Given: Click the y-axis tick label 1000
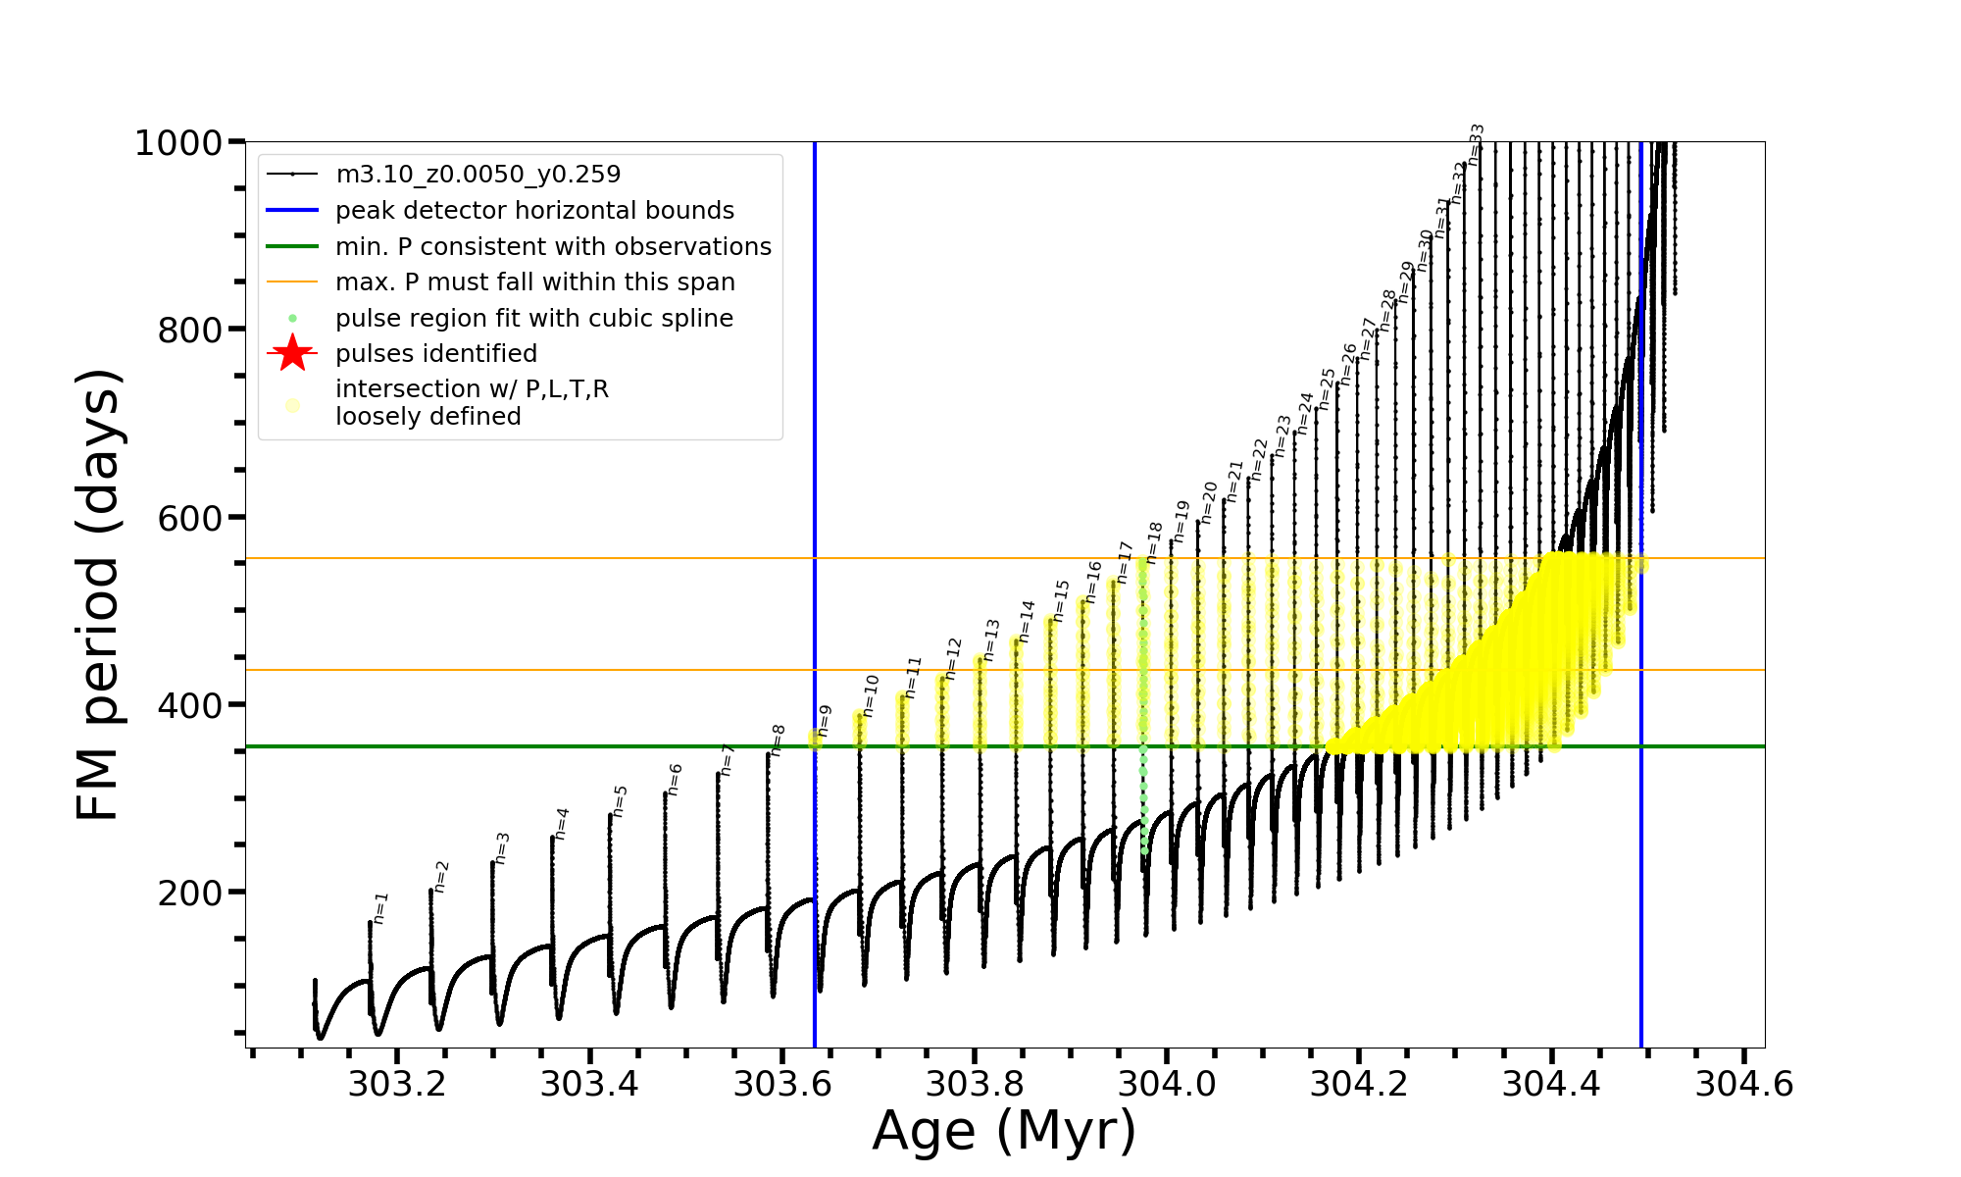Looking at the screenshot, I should pos(178,143).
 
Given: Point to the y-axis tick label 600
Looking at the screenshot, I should pos(190,518).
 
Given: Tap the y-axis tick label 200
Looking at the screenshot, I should pos(190,893).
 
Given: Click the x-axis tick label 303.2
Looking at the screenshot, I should pos(397,1084).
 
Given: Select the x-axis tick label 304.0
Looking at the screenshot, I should pos(1167,1084).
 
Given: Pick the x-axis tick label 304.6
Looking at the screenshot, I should pos(1744,1084).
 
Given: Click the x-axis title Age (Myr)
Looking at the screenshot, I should pos(1004,1131).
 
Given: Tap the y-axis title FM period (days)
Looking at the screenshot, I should pos(98,594).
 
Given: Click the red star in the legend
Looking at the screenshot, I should pos(292,353).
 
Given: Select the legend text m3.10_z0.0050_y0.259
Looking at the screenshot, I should pos(478,175).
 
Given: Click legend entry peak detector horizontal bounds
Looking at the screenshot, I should pos(534,211).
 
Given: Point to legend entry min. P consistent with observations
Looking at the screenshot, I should pos(553,246).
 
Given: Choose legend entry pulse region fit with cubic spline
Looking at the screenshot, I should pos(533,319).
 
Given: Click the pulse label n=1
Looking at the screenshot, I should pos(380,907).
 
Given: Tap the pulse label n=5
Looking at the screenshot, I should pos(619,800).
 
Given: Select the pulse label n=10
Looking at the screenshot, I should pos(871,695).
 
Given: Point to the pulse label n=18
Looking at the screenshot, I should pos(1154,542).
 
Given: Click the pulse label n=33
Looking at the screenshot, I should pos(1476,144).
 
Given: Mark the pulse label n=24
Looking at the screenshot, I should pos(1305,412).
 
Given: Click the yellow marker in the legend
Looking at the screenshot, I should pos(292,404).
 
